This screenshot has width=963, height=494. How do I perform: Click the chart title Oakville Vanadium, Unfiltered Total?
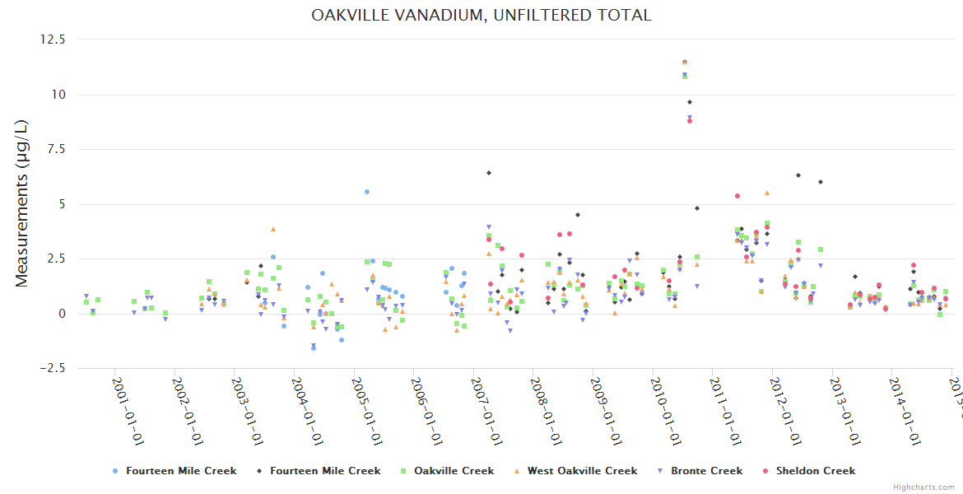pyautogui.click(x=481, y=15)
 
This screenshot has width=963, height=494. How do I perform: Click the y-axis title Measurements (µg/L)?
pyautogui.click(x=21, y=203)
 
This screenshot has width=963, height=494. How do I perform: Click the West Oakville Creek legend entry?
pyautogui.click(x=587, y=471)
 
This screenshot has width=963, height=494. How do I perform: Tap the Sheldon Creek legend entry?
pyautogui.click(x=815, y=471)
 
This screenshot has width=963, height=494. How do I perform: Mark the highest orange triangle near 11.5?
pyautogui.click(x=684, y=62)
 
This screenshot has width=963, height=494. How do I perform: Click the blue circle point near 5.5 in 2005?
pyautogui.click(x=367, y=192)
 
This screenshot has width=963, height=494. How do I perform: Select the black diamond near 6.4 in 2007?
pyautogui.click(x=489, y=173)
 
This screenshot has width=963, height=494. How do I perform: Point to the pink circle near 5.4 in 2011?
pyautogui.click(x=737, y=196)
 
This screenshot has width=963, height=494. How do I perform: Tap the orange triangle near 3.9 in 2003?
pyautogui.click(x=273, y=229)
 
